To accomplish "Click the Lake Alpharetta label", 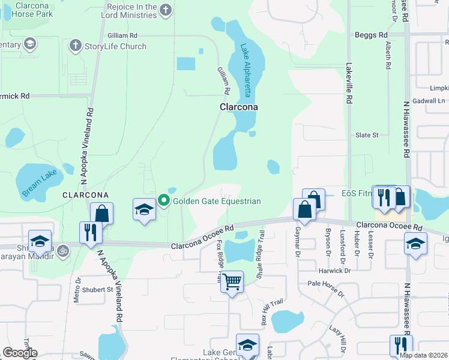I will [247, 71].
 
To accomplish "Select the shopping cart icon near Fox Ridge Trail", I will [232, 281].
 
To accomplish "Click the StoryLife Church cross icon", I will [75, 46].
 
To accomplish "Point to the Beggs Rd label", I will [370, 35].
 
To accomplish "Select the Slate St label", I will [367, 135].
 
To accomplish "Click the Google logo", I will [20, 353].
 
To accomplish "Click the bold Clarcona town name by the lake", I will [238, 107].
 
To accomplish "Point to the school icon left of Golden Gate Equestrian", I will [144, 210].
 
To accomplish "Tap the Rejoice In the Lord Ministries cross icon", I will [166, 10].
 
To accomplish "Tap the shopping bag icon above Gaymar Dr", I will [304, 210].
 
